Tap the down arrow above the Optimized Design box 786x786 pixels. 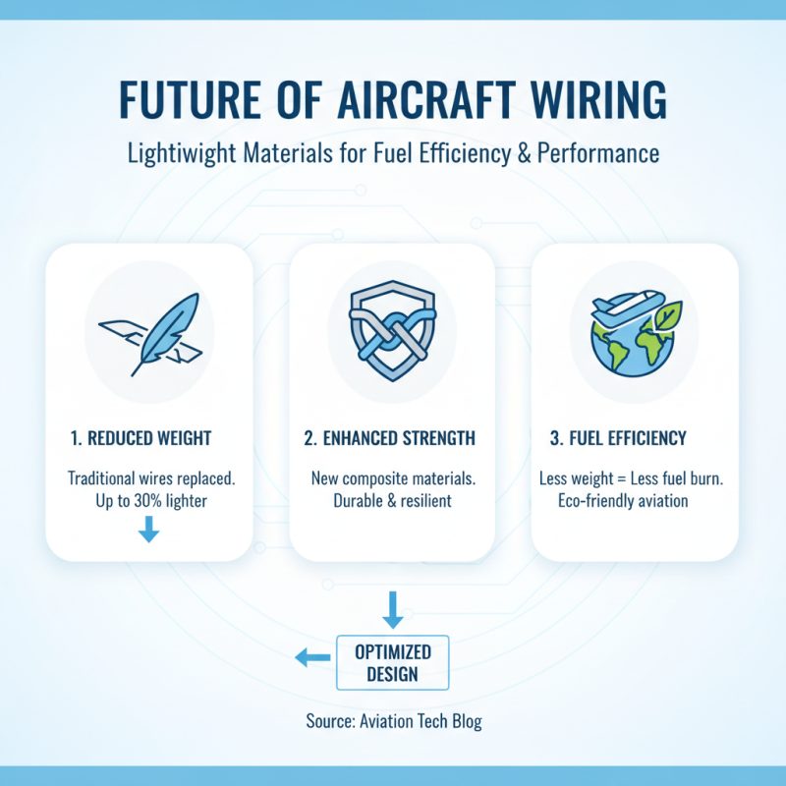pos(392,609)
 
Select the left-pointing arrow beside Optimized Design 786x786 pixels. pos(312,660)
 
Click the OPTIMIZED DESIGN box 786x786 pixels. pos(392,661)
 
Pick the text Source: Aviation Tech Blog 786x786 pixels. pos(393,721)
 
